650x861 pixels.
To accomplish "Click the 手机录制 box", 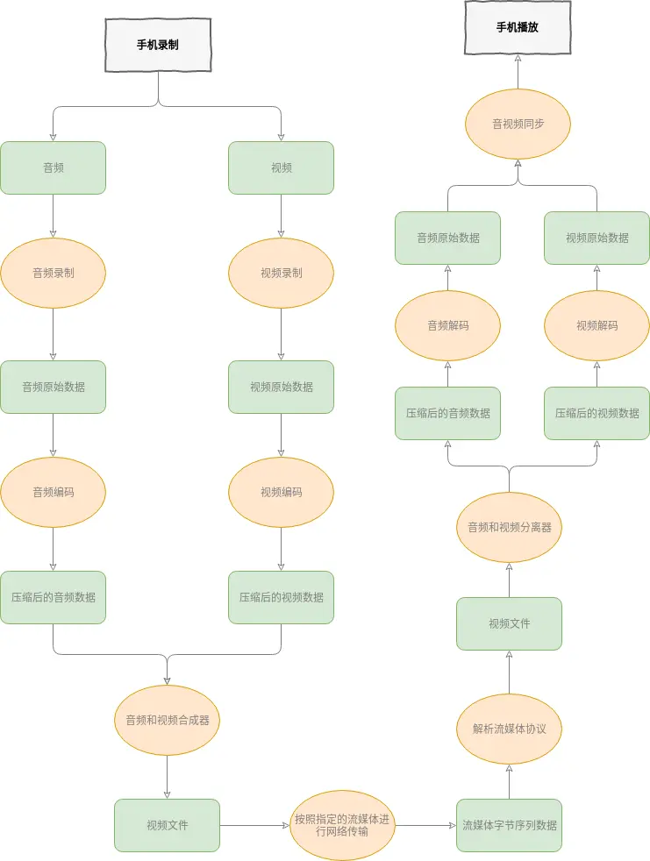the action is [x=158, y=45].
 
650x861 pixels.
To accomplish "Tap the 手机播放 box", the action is [x=518, y=27].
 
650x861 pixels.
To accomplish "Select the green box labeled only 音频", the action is [x=53, y=167].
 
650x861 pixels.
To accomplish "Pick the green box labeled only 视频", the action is [x=281, y=167].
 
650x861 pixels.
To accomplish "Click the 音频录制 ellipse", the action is [x=53, y=273].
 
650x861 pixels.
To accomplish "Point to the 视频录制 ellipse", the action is [x=281, y=273].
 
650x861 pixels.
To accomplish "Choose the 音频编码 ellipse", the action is [x=53, y=492].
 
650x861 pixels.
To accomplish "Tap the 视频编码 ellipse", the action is [x=281, y=492].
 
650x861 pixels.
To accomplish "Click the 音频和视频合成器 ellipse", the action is [x=167, y=720].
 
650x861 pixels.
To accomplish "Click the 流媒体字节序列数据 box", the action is [x=509, y=825].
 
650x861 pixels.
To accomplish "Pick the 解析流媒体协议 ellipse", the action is [x=509, y=729].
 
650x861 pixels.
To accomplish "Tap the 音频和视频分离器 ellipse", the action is [x=509, y=527].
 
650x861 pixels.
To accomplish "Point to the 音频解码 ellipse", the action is [x=447, y=325].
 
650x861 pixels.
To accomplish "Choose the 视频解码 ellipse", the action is [x=596, y=325].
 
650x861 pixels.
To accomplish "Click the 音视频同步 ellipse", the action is [x=518, y=124].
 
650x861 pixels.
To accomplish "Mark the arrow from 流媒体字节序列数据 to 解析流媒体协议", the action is [x=509, y=782].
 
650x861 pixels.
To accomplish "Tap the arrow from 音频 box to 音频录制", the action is [x=53, y=216].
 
